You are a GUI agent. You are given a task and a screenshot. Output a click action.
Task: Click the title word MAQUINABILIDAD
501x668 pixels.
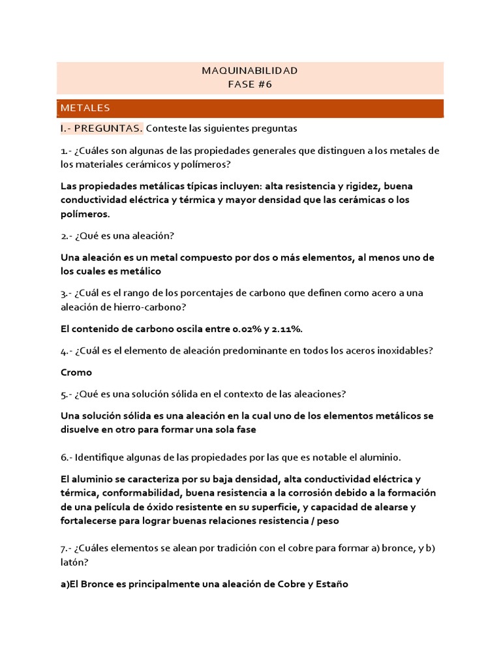(250, 70)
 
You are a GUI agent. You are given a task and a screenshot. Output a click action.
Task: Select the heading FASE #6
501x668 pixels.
(250, 84)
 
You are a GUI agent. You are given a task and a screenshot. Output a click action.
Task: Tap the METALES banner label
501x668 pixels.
(85, 108)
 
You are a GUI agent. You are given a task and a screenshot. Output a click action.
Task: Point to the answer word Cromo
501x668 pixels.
(76, 372)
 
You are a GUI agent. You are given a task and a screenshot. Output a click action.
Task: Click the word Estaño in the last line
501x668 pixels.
(331, 584)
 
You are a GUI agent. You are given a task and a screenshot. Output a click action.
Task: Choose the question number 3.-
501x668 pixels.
(67, 294)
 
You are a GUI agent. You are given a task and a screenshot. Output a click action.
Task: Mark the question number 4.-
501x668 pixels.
(67, 351)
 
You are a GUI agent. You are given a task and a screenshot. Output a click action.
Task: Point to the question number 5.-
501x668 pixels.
(67, 394)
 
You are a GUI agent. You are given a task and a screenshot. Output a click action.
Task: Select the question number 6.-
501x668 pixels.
(67, 457)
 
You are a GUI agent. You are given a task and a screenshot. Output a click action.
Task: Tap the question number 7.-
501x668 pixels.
(67, 548)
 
